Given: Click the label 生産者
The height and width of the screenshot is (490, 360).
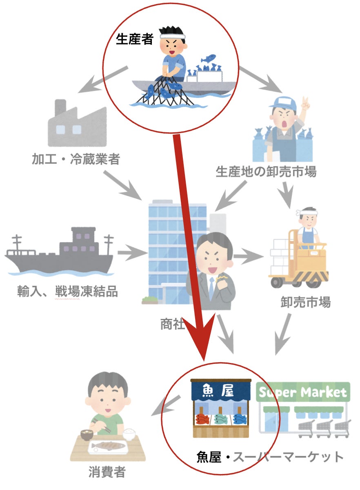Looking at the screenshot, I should click(x=135, y=40).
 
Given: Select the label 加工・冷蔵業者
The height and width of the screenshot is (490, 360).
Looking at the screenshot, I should click(x=76, y=159).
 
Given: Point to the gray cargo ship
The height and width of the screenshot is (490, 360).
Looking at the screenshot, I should click(x=60, y=253).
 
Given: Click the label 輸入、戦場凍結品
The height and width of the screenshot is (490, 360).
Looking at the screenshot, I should click(x=67, y=292).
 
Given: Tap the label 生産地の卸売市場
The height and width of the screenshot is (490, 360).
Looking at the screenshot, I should click(x=266, y=172).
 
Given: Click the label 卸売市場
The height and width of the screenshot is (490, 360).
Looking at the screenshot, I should click(x=305, y=303).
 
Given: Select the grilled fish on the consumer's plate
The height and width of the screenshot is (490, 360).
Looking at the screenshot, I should click(x=108, y=446).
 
